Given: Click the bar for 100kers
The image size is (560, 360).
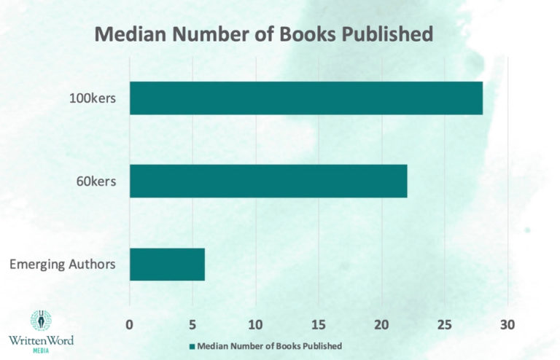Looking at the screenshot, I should (x=306, y=98).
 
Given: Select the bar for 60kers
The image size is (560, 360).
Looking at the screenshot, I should (x=268, y=181).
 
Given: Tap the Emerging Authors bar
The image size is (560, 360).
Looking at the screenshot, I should (x=167, y=264).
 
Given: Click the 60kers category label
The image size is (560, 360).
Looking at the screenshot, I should (x=93, y=181).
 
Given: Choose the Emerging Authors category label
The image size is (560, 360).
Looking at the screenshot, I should (x=63, y=264).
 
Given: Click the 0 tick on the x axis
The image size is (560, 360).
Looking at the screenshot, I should (x=130, y=323).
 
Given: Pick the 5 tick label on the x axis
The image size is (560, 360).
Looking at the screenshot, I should (x=192, y=323).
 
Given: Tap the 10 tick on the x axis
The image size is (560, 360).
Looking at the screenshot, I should (x=255, y=323).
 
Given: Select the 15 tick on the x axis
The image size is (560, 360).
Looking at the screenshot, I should (x=319, y=323).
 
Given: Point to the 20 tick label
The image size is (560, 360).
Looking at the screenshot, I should (x=381, y=323).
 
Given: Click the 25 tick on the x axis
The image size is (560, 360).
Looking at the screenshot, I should (x=444, y=323).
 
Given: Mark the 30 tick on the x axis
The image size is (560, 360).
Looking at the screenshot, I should (x=507, y=323).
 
